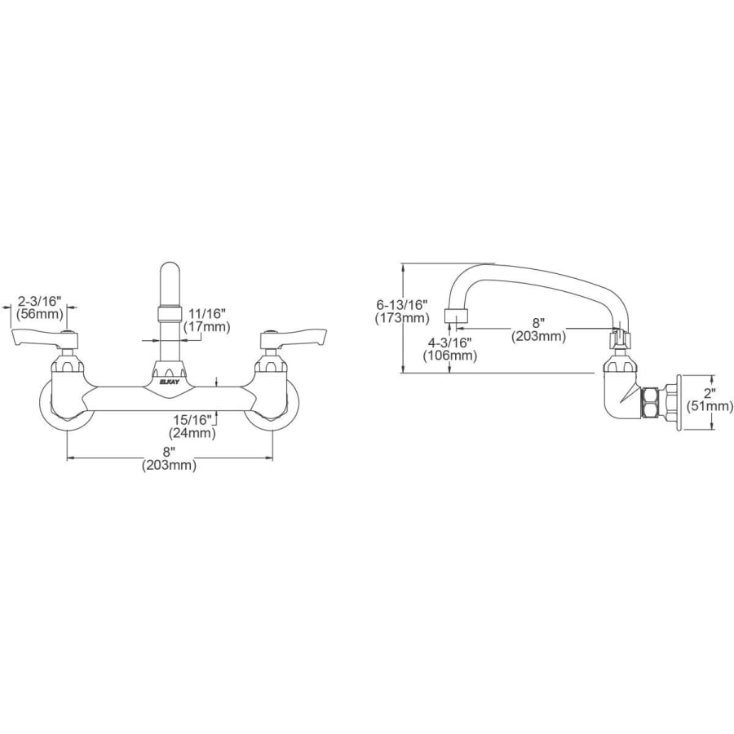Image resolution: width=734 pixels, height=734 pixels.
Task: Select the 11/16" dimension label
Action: [x=207, y=312]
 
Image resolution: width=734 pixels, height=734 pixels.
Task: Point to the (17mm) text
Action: [x=207, y=326]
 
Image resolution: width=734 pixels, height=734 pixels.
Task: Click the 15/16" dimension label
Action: [x=192, y=420]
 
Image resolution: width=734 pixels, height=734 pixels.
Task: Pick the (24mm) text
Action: [x=192, y=433]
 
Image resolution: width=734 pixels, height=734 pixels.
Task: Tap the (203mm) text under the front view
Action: [x=170, y=466]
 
